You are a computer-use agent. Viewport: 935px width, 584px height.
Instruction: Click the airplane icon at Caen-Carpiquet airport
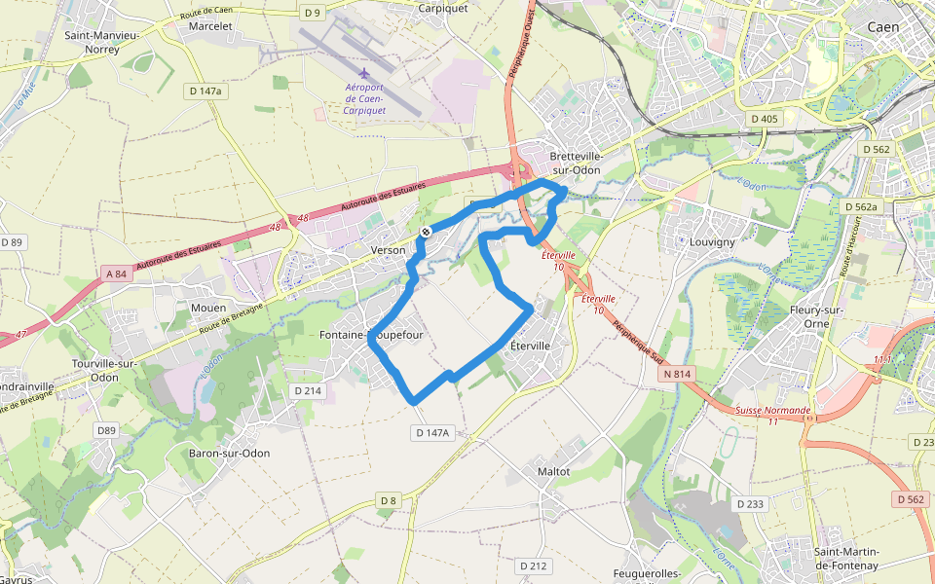coord(365,73)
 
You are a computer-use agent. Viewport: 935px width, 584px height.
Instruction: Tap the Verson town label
coord(388,250)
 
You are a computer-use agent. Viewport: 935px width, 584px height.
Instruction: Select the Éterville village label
coord(531,346)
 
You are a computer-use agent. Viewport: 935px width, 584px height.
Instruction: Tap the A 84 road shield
coord(115,274)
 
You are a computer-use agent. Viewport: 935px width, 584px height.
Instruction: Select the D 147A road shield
coord(431,432)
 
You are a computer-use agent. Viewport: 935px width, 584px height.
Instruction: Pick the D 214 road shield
coord(308,390)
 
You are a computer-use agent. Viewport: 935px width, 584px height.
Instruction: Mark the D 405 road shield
coord(765,119)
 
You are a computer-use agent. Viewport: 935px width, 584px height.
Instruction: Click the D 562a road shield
coord(861,207)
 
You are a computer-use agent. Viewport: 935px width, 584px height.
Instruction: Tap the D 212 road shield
coord(533,566)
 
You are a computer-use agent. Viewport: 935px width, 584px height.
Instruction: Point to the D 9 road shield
coord(312,13)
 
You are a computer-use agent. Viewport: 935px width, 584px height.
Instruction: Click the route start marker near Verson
coord(426,232)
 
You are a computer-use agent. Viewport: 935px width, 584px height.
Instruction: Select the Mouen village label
coord(208,308)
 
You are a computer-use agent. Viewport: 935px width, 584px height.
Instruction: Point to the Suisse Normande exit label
coord(774,410)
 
